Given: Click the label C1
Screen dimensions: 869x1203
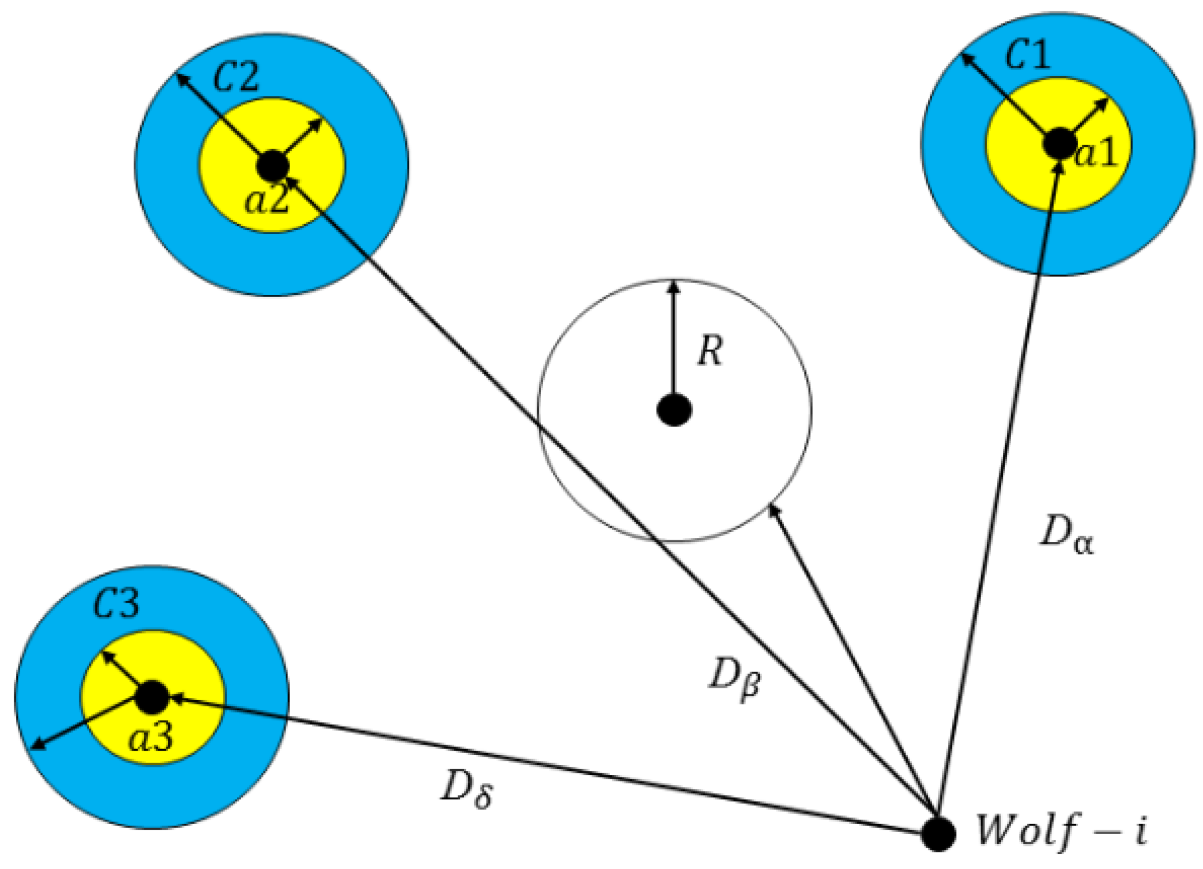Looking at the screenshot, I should click(x=1027, y=55).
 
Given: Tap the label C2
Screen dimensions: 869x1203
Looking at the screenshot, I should click(x=236, y=77).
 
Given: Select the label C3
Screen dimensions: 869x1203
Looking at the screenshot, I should click(x=116, y=604).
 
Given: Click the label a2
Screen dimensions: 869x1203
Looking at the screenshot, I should click(x=267, y=200).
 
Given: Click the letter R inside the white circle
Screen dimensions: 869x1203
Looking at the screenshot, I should click(x=710, y=351).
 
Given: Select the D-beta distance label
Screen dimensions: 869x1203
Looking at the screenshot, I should click(x=734, y=679).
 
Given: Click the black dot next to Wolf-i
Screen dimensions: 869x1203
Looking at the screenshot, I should click(x=938, y=833).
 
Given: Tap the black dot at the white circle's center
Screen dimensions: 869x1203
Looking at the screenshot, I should click(x=674, y=410).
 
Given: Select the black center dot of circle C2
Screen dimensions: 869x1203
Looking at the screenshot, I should click(x=273, y=165).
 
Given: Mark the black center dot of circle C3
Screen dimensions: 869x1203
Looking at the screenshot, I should click(x=152, y=697).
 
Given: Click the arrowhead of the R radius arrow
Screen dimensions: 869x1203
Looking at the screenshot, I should click(x=673, y=286).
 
